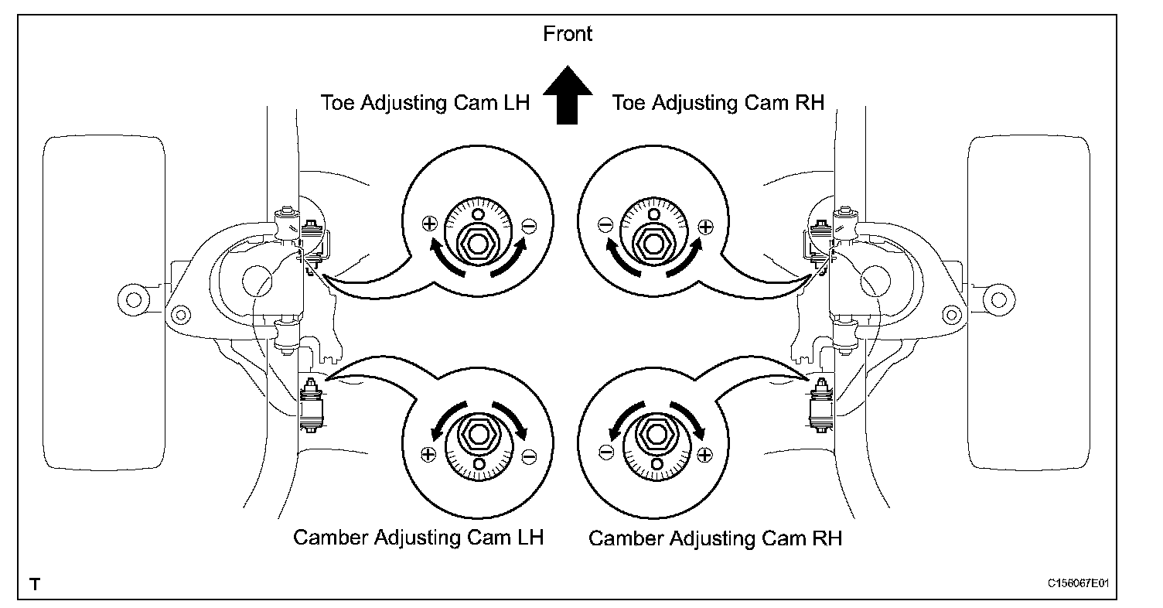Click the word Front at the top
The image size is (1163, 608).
coord(568,34)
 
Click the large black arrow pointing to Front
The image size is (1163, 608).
coord(568,94)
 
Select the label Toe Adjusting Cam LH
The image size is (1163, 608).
coord(425,103)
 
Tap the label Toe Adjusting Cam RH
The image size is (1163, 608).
coord(718,103)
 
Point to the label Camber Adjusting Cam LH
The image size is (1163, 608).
coord(418,538)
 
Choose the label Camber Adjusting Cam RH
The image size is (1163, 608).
coord(715,538)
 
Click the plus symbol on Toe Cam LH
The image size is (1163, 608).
coord(430,224)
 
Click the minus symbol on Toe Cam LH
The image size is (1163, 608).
coord(528,225)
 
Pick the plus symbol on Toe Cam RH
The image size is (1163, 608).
coord(704,226)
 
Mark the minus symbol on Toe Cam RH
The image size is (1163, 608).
coord(605,225)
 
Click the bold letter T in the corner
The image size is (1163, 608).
coord(34,582)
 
